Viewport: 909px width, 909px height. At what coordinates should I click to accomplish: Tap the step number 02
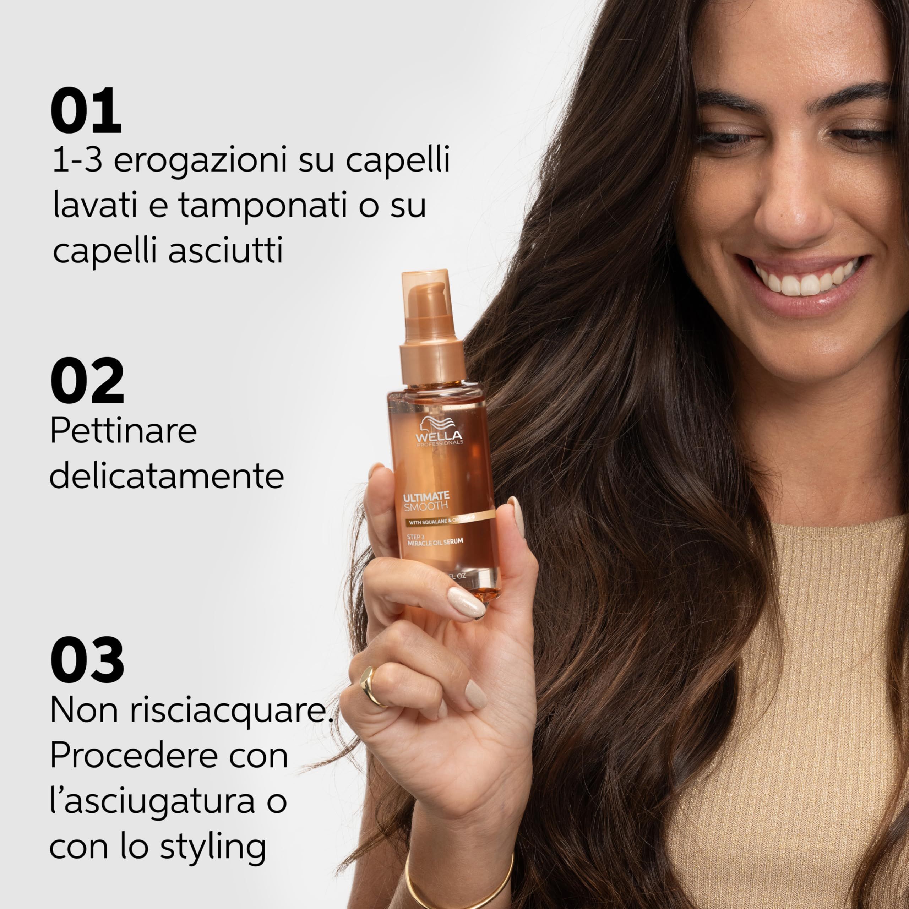(x=87, y=381)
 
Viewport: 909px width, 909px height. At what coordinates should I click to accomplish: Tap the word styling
(x=213, y=847)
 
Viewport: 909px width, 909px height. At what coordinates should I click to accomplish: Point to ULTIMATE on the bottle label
(x=426, y=496)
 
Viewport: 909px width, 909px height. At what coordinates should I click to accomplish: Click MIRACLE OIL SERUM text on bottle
(x=435, y=541)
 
